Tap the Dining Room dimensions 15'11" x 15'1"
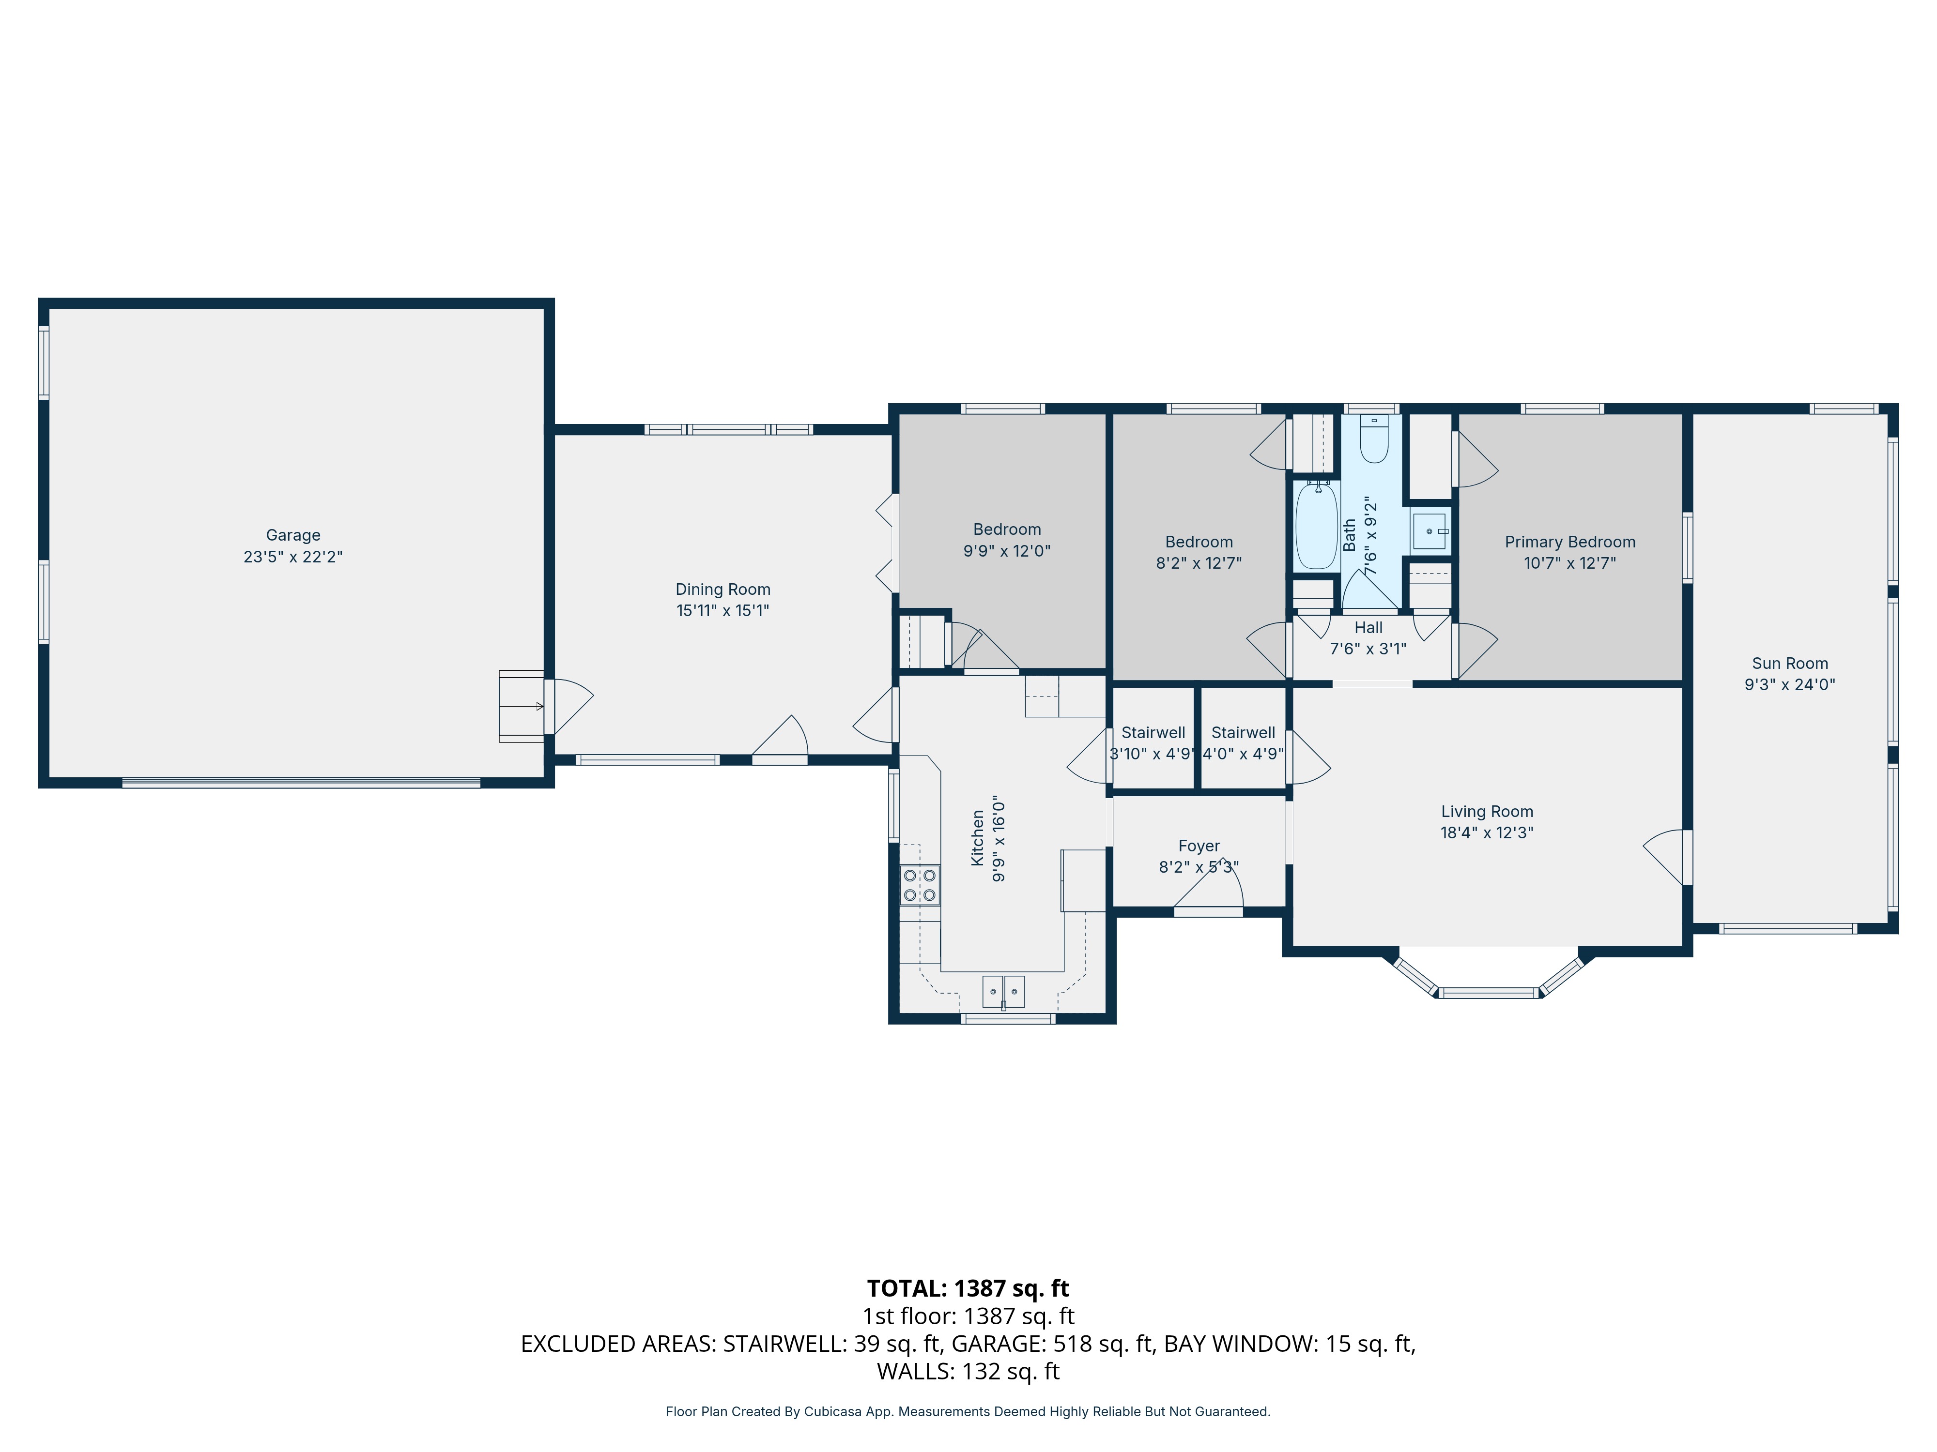pos(723,611)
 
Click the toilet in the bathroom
pos(1374,440)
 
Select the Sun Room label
pos(1790,664)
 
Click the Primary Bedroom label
pos(1569,542)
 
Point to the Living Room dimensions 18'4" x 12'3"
pos(1487,832)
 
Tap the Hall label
pos(1368,628)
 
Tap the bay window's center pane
pos(1489,993)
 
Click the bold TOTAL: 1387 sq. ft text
pos(968,1288)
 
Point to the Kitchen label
pos(977,838)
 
